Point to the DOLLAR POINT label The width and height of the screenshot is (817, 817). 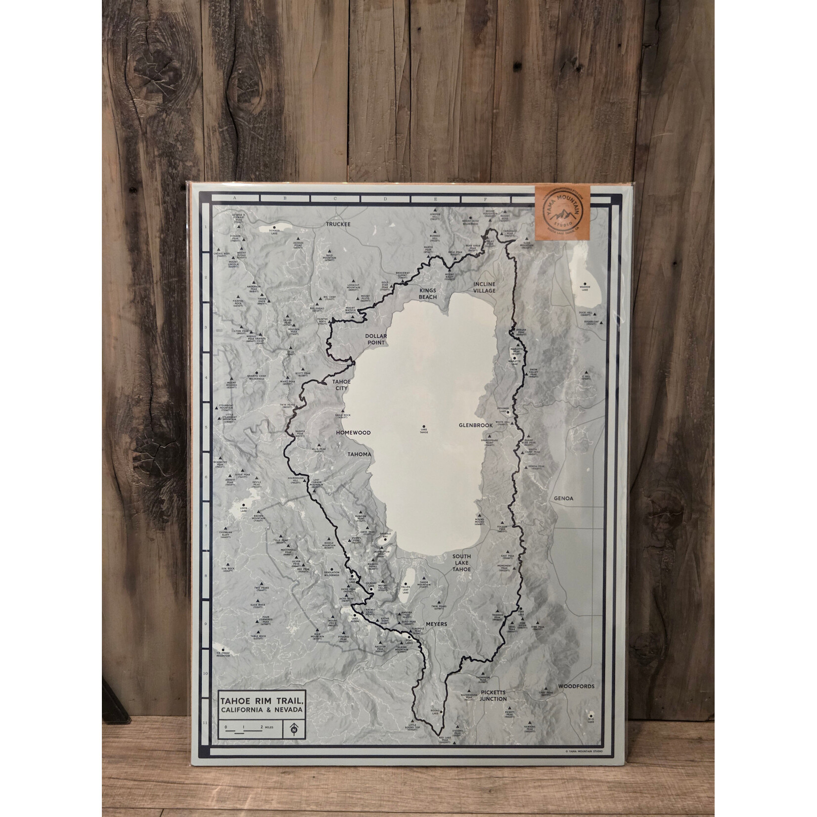(x=376, y=339)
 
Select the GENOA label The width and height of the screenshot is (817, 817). (x=563, y=499)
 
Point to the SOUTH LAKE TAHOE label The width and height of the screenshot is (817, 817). (x=461, y=563)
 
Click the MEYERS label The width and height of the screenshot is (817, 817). (x=435, y=624)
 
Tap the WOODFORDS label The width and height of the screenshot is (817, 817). (x=576, y=686)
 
